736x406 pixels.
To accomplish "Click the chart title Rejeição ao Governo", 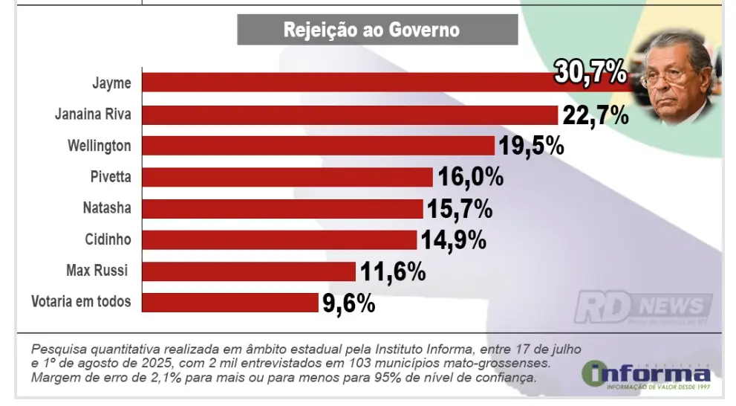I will [377, 30].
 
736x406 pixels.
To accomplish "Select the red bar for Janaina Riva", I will [349, 115].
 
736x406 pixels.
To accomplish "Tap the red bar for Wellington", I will [318, 146].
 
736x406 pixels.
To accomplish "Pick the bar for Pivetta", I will [287, 177].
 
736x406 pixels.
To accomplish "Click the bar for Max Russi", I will [248, 271].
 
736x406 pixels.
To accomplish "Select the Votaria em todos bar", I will [229, 302].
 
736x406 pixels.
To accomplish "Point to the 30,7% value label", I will [590, 74].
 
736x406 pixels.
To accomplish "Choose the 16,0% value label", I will [470, 178].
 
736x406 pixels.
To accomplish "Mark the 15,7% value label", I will [459, 209].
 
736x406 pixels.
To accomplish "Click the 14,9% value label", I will [453, 240].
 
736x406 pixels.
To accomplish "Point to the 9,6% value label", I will [348, 303].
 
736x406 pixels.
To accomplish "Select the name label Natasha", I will [107, 208].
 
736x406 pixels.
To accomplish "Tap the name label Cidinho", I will [108, 239].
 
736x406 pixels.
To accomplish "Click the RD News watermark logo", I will [643, 307].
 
